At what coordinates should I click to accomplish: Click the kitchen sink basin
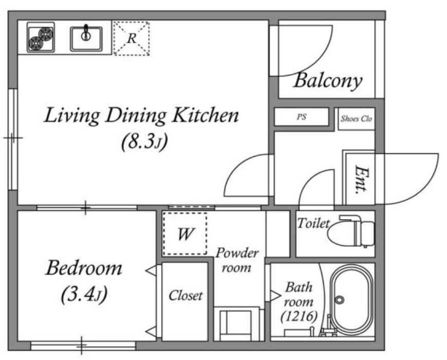point(86,39)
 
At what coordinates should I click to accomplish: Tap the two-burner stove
point(41,38)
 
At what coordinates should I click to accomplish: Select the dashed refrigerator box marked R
point(132,38)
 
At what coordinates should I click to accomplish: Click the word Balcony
point(328,81)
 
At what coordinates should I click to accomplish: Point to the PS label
point(301,117)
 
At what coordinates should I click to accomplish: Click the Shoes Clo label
point(357,119)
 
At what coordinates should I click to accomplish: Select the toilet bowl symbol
point(350,231)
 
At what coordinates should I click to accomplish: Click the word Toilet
point(313,223)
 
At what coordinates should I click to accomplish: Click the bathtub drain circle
point(339,300)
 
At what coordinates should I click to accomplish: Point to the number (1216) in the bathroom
point(299,316)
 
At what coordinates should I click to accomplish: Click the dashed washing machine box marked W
point(185,233)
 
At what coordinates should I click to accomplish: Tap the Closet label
point(185,296)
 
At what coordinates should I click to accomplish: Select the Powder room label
point(237,260)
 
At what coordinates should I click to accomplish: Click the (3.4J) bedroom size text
point(84,294)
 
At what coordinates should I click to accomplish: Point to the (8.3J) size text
point(144,142)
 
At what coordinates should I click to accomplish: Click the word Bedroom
point(84,268)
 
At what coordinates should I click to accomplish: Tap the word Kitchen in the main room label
point(206,115)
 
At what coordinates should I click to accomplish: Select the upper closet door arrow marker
point(152,271)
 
